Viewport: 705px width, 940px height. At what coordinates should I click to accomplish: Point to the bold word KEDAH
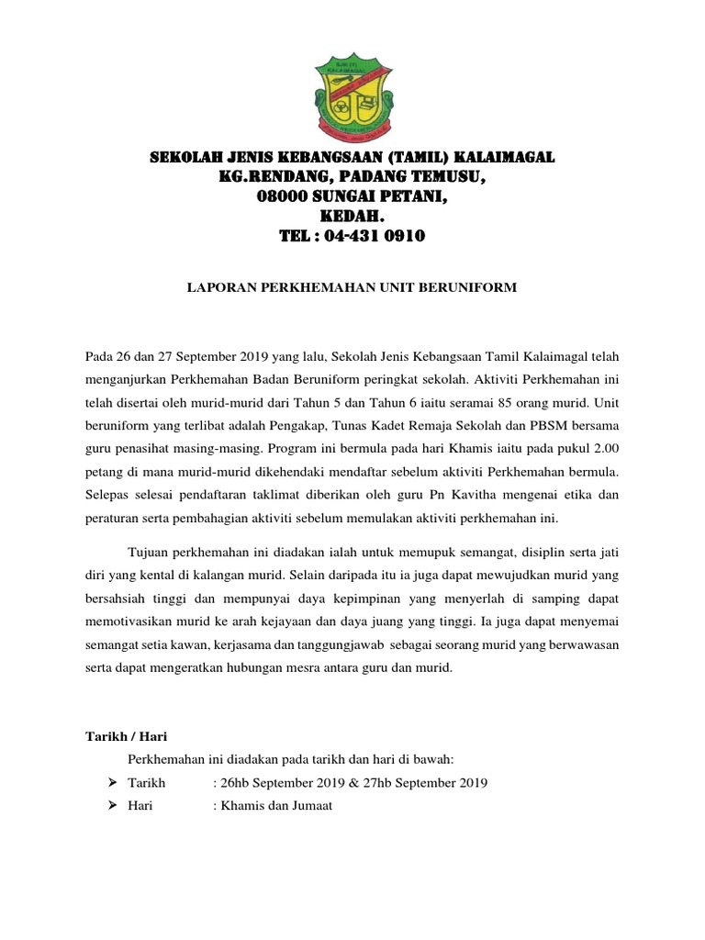click(x=352, y=217)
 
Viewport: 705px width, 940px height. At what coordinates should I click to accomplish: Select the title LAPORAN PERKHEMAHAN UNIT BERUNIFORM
click(x=352, y=287)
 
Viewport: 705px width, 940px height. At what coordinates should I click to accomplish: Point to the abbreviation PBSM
click(x=543, y=426)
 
